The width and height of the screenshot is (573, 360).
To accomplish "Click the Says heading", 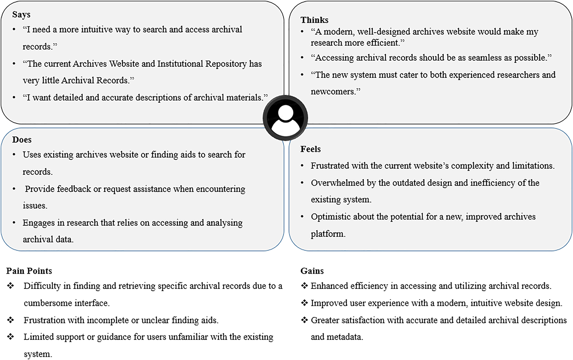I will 21,15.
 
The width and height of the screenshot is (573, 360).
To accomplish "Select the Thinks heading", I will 314,20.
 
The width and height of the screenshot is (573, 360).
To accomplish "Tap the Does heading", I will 22,140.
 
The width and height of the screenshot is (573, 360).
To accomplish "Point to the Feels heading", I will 310,149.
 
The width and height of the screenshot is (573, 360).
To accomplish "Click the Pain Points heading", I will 29,271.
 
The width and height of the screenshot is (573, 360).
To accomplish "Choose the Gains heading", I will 312,271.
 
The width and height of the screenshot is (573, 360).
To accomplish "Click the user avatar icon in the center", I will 285,118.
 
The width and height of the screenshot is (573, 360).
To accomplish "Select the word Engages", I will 38,223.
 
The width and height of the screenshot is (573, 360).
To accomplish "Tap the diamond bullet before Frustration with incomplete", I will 11,320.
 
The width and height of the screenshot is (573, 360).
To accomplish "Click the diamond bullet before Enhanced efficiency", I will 304,286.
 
